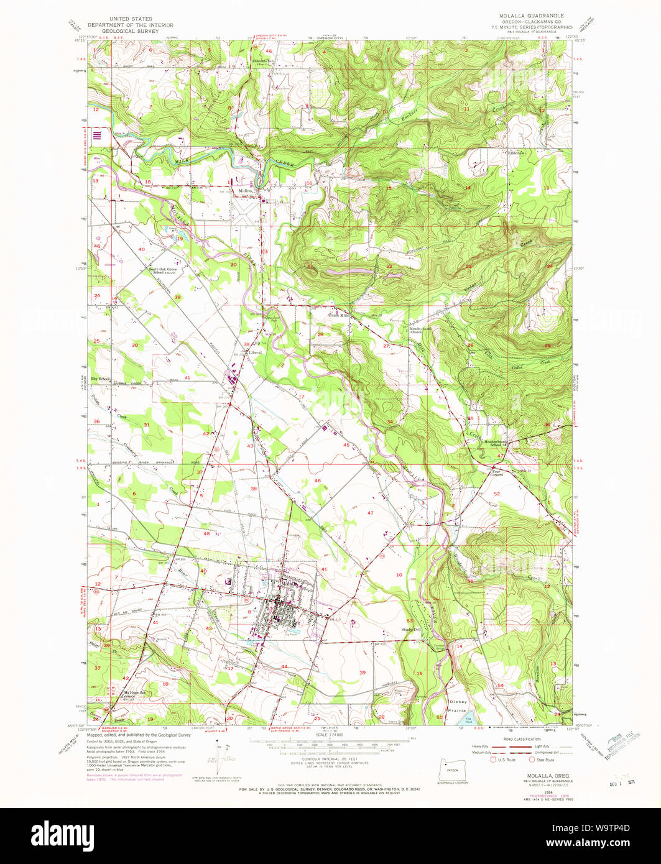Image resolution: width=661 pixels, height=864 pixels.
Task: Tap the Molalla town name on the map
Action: coord(289,585)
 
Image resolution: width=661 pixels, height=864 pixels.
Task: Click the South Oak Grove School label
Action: coord(163,271)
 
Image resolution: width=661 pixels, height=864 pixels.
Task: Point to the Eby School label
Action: coord(101,379)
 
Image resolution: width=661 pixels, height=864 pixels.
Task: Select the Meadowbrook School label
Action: coord(496,443)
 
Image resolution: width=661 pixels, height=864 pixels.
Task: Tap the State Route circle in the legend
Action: coord(532,759)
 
